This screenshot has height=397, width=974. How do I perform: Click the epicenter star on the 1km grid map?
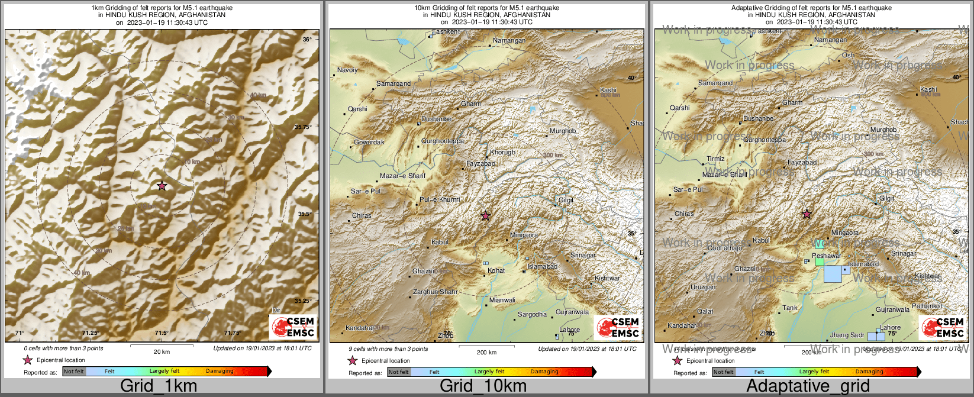162,186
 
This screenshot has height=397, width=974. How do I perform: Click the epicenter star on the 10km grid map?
486,216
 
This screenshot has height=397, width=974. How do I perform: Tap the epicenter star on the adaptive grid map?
807,214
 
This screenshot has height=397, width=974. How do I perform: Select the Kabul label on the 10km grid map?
440,242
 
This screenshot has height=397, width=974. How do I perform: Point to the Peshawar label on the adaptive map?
827,256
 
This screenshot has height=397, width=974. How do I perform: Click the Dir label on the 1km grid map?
276,310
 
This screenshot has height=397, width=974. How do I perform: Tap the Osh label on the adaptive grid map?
849,55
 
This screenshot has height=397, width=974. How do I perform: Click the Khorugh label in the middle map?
502,152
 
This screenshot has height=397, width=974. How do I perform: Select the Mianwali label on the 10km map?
502,300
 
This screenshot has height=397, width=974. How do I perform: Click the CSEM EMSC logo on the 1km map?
293,327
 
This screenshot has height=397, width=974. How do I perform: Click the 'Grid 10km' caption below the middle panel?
483,386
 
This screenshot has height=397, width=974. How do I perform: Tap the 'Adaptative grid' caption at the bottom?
808,386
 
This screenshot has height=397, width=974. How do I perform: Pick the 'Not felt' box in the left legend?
74,372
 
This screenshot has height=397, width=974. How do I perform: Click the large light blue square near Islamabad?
833,274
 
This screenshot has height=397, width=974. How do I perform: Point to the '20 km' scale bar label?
162,351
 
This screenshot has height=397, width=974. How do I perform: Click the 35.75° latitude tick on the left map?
303,127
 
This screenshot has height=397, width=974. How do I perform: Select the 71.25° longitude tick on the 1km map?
90,333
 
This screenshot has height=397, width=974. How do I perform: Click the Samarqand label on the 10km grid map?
394,83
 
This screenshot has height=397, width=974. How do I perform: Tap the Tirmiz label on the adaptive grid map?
715,159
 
